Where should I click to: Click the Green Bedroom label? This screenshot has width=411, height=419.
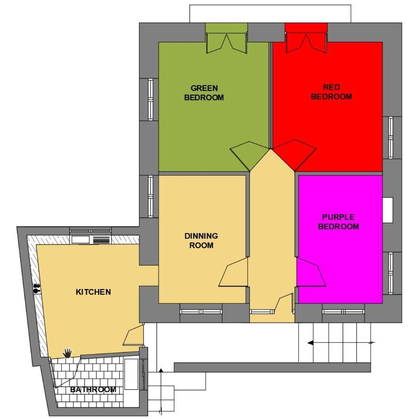[x=204, y=93]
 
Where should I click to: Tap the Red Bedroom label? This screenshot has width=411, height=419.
[x=331, y=92]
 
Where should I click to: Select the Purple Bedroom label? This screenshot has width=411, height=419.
[x=338, y=222]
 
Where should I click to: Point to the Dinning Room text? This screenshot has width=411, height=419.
[x=201, y=241]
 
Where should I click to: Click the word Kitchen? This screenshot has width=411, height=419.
[x=93, y=292]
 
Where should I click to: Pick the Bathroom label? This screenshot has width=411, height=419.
[x=93, y=389]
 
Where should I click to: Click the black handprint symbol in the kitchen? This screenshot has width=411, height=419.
[x=67, y=353]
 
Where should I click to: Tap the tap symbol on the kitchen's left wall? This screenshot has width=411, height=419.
[x=37, y=289]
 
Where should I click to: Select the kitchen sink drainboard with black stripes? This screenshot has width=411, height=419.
[x=101, y=240]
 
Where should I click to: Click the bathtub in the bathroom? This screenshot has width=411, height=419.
[x=132, y=374]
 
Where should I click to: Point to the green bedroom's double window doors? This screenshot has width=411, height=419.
[x=226, y=43]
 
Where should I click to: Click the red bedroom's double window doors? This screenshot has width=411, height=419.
[x=306, y=43]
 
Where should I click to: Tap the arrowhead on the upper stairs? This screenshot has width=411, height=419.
[x=311, y=343]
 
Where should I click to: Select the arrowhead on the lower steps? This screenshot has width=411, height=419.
[x=161, y=371]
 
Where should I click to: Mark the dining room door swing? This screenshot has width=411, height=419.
[x=233, y=272]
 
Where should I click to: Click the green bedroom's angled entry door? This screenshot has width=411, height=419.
[x=250, y=156]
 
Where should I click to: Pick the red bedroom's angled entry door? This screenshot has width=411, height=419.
[x=294, y=155]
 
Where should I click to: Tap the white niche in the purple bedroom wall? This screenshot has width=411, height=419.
[x=388, y=210]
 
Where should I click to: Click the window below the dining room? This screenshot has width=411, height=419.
[x=201, y=312]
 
